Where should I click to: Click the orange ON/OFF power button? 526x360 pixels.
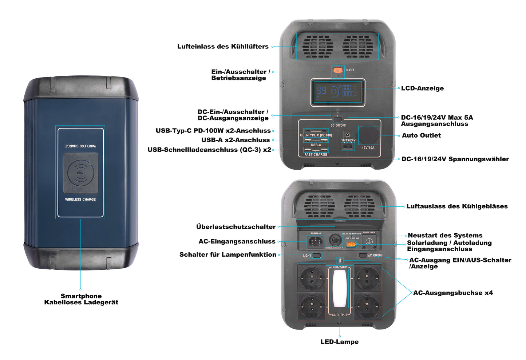[x=338, y=70]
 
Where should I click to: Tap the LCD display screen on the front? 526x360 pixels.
[x=337, y=92]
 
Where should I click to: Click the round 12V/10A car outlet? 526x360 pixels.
[x=368, y=135]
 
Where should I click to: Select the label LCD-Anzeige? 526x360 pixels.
[x=422, y=88]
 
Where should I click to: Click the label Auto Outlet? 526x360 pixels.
[x=421, y=135]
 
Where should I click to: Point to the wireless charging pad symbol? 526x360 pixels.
[x=80, y=173]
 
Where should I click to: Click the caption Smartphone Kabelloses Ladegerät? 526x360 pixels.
[x=81, y=299]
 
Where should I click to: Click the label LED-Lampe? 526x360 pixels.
[x=339, y=342]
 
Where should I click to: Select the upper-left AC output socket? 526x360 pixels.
[x=312, y=278]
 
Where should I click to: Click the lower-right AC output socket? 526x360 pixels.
[x=368, y=306]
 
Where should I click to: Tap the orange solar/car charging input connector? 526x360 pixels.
[x=351, y=244]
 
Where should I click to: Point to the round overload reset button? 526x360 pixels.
[x=334, y=241]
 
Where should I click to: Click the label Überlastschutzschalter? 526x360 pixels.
[x=236, y=227]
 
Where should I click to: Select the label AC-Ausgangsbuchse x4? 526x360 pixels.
[x=453, y=293]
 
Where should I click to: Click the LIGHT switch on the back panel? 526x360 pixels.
[x=317, y=255]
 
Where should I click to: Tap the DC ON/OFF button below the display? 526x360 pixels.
[x=338, y=120]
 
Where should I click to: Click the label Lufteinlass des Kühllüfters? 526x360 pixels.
[x=223, y=47]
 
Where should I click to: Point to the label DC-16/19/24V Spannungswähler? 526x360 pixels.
[x=455, y=159]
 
